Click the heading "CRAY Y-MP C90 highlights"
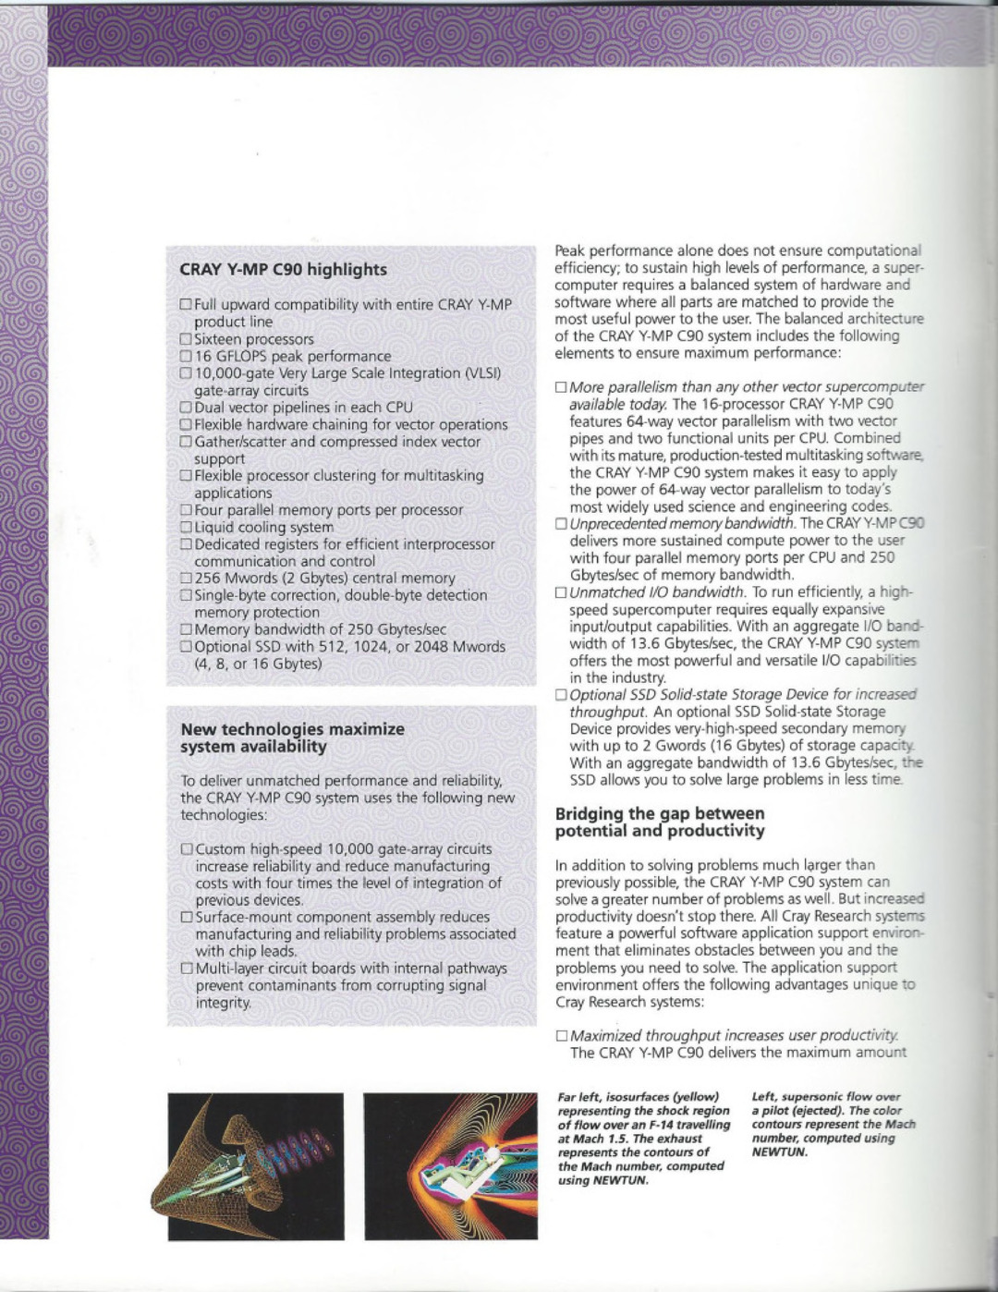point(283,270)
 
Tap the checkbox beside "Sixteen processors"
point(186,339)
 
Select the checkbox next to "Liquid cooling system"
point(186,528)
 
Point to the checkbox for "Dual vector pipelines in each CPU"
point(186,408)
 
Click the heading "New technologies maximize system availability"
point(292,737)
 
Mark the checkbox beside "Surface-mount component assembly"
point(187,918)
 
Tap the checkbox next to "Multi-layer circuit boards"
point(187,969)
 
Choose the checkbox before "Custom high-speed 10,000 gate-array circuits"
point(187,849)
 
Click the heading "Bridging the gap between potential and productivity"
point(660,823)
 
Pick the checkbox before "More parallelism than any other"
point(561,388)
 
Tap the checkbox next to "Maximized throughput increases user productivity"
point(561,1037)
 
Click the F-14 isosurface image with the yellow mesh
point(255,1166)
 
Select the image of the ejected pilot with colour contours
point(450,1166)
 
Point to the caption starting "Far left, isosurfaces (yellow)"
point(643,1139)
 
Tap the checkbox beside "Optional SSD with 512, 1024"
point(186,647)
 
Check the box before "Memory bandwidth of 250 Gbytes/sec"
point(186,630)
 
